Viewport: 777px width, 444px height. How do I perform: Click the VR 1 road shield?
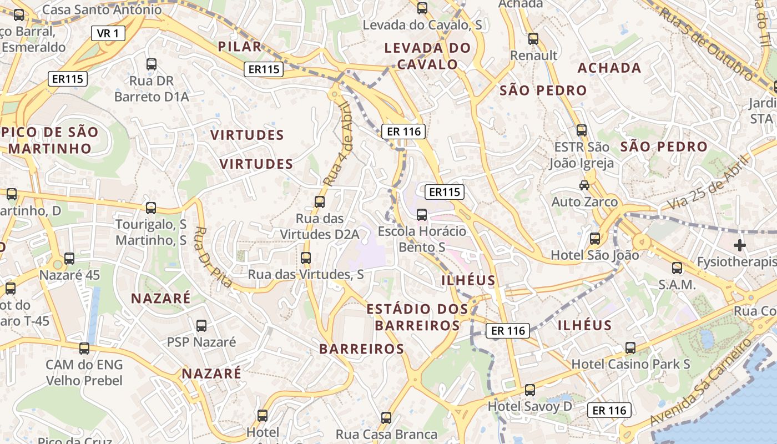pyautogui.click(x=108, y=33)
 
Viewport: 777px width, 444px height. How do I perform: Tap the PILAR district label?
pyautogui.click(x=240, y=47)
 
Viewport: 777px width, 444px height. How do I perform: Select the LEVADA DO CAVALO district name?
pyautogui.click(x=427, y=56)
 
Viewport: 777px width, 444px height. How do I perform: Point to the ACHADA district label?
pyautogui.click(x=609, y=68)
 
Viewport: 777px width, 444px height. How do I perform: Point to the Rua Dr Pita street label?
pyautogui.click(x=214, y=256)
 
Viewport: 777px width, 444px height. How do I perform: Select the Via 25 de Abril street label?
pyautogui.click(x=708, y=182)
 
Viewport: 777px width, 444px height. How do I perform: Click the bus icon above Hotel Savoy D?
pyautogui.click(x=530, y=390)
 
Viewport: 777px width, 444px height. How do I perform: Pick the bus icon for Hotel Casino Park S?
pyautogui.click(x=630, y=348)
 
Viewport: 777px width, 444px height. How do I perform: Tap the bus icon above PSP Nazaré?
pyautogui.click(x=201, y=326)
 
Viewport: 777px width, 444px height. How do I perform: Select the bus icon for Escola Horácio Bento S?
pyautogui.click(x=422, y=214)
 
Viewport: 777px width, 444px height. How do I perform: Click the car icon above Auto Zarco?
pyautogui.click(x=584, y=185)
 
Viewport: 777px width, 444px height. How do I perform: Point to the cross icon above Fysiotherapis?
pyautogui.click(x=739, y=245)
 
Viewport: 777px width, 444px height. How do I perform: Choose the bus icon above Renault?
pyautogui.click(x=533, y=39)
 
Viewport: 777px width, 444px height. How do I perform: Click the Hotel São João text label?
pyautogui.click(x=594, y=255)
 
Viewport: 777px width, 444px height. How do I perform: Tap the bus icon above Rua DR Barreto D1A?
pyautogui.click(x=152, y=64)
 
